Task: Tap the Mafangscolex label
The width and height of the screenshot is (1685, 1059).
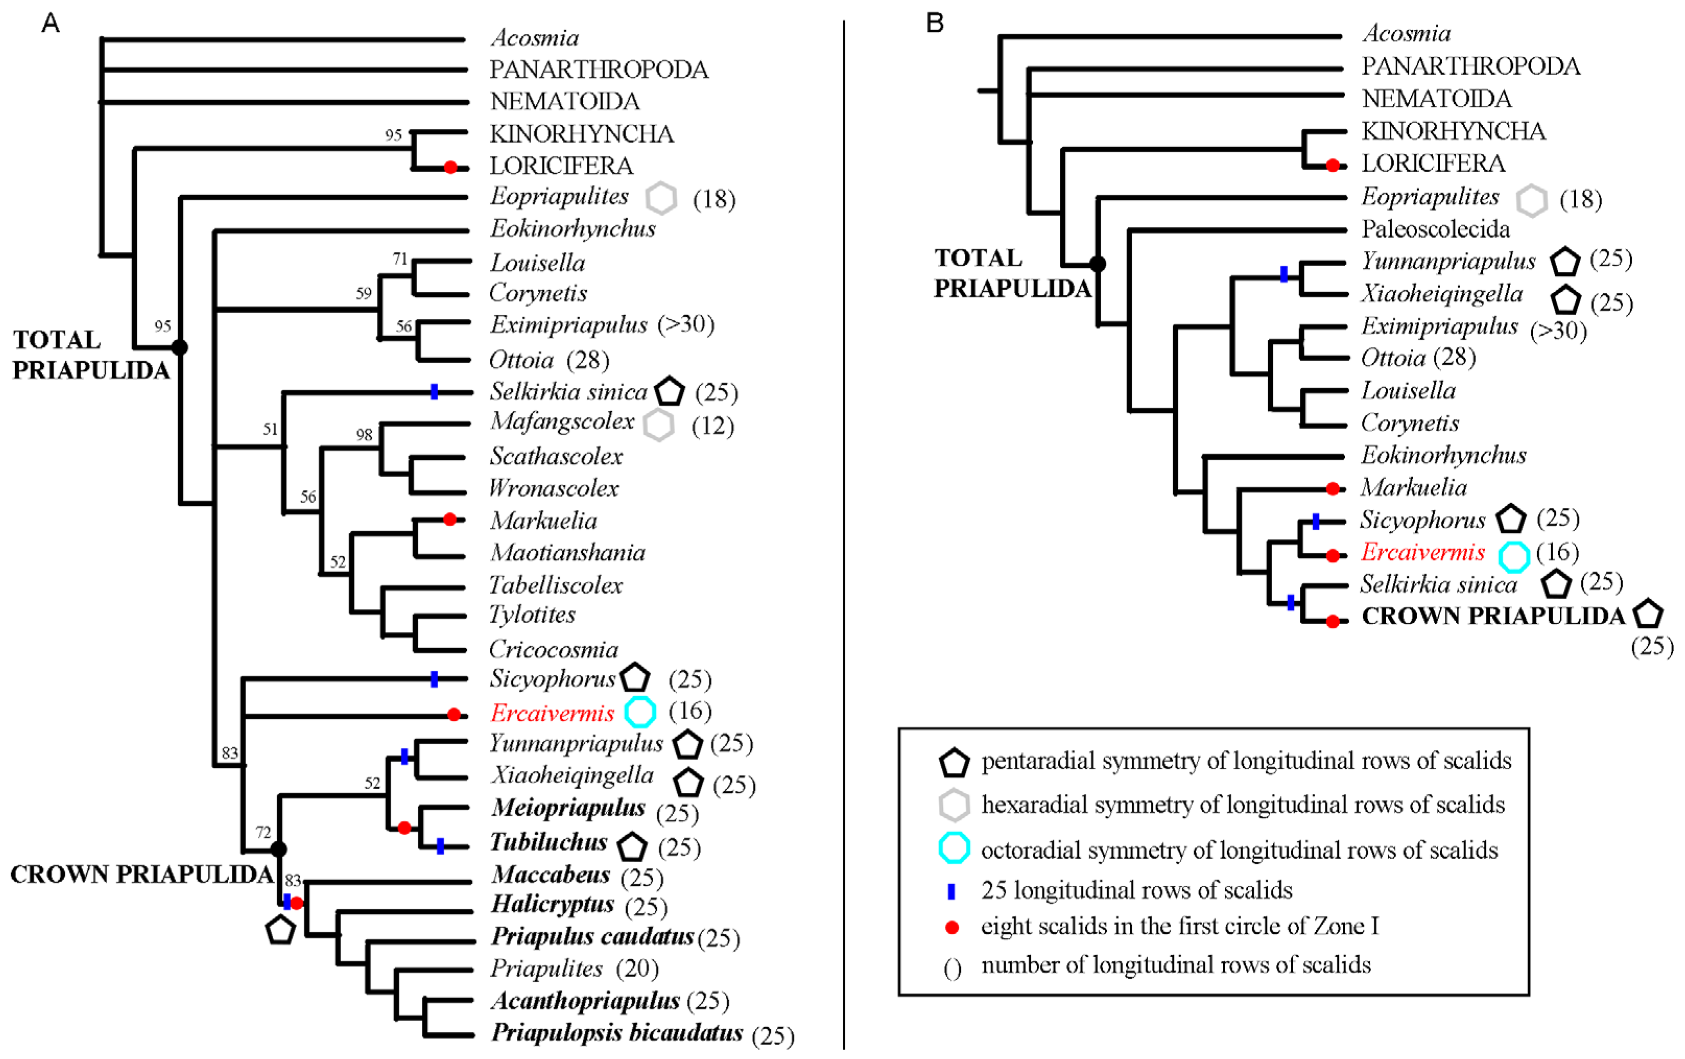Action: pyautogui.click(x=562, y=421)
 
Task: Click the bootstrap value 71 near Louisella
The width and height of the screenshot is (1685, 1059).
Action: pyautogui.click(x=399, y=259)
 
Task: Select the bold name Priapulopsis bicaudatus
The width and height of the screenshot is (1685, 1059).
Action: pyautogui.click(x=617, y=1032)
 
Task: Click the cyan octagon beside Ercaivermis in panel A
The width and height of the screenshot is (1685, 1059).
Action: pyautogui.click(x=640, y=712)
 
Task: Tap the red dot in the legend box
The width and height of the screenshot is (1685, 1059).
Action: pyautogui.click(x=952, y=927)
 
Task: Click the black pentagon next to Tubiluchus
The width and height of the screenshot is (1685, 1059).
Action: pyautogui.click(x=632, y=847)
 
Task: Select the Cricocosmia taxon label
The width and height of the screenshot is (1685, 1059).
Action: pyautogui.click(x=553, y=649)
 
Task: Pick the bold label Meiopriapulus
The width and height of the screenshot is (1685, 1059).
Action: pyautogui.click(x=568, y=807)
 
